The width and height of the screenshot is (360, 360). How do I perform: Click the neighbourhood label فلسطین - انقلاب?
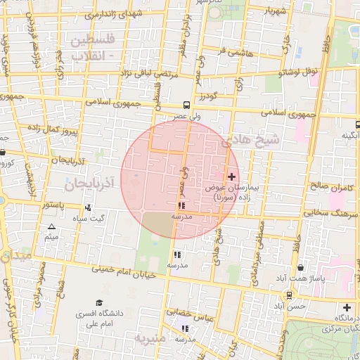coord(96,46)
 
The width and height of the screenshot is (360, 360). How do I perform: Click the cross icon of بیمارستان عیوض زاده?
coord(233,176)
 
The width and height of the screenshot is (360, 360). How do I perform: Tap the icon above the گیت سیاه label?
coord(88,208)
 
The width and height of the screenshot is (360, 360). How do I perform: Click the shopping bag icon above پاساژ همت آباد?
coord(301,267)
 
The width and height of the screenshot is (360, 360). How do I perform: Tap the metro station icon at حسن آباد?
coord(288,295)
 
